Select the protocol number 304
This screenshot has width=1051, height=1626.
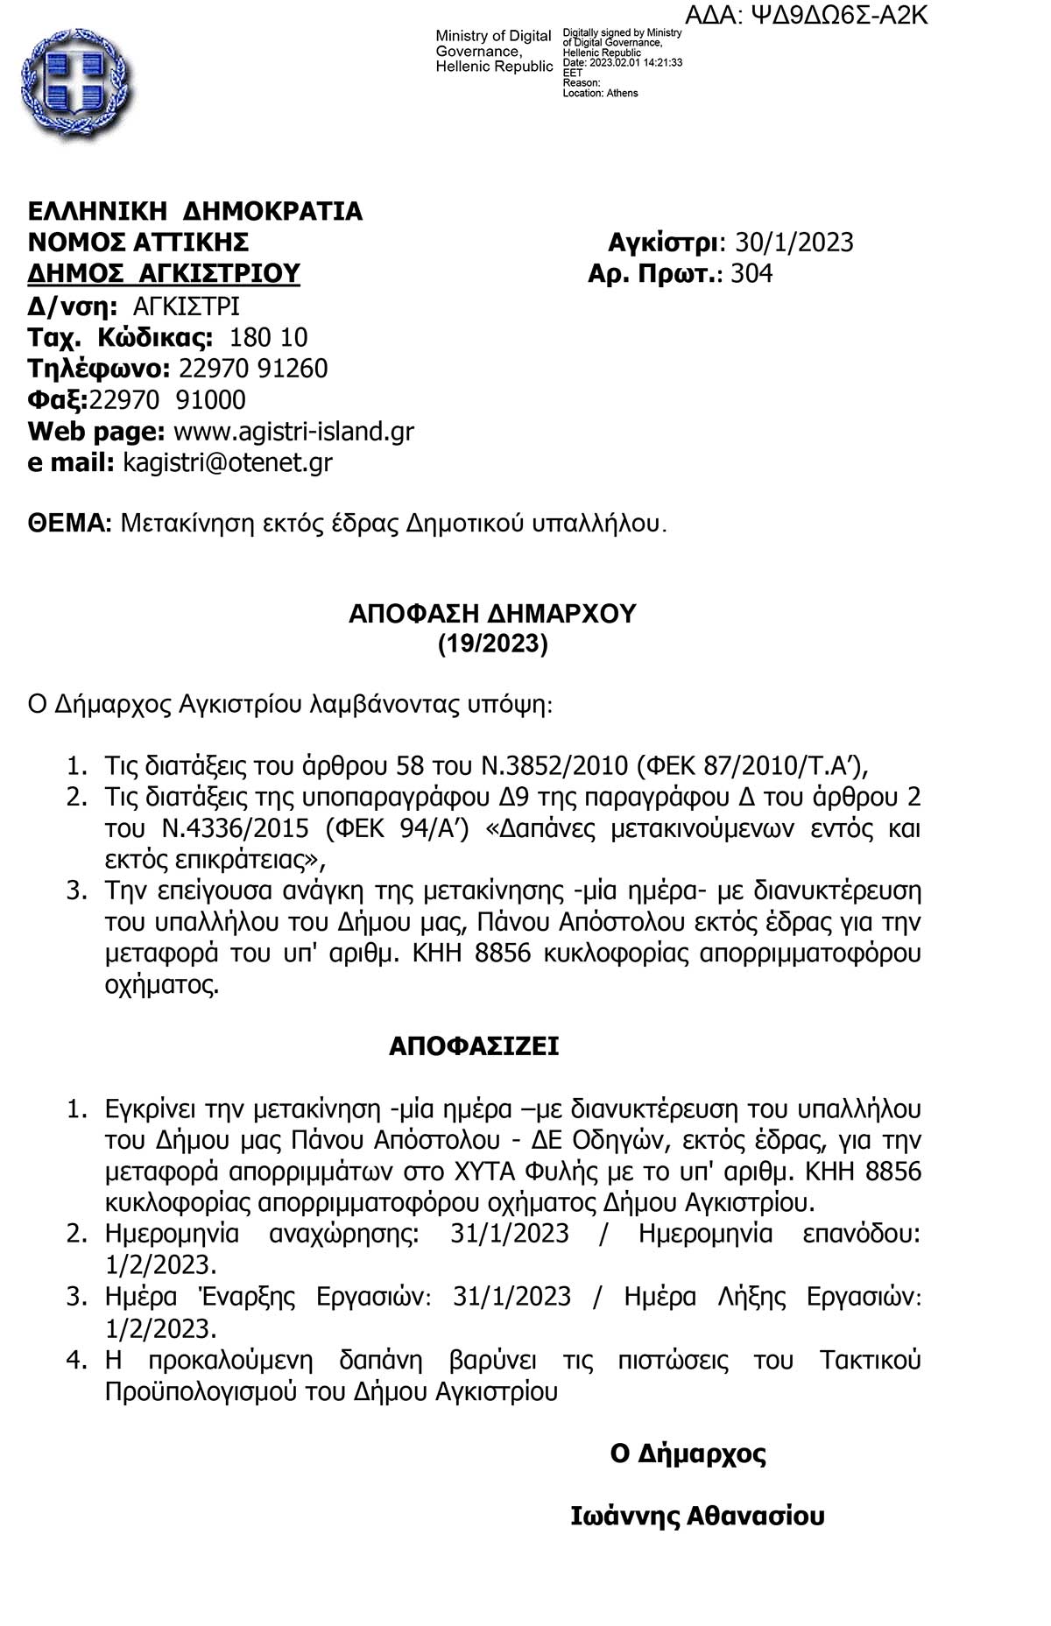pyautogui.click(x=751, y=273)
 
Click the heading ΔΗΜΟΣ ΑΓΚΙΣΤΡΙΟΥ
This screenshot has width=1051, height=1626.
pyautogui.click(x=164, y=273)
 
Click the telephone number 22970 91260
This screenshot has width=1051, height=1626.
pyautogui.click(x=253, y=369)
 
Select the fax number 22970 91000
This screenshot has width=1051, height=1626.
pyautogui.click(x=168, y=400)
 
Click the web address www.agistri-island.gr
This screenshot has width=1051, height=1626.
pyautogui.click(x=293, y=431)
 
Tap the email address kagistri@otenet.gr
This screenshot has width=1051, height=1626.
pyautogui.click(x=228, y=462)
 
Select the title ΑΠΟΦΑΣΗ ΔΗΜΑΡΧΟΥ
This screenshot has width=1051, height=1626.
pyautogui.click(x=492, y=614)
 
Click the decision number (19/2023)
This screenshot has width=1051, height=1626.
pyautogui.click(x=492, y=644)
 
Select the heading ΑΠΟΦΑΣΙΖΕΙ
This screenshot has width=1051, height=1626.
pyautogui.click(x=474, y=1046)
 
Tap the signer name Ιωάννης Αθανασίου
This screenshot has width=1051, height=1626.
pyautogui.click(x=697, y=1516)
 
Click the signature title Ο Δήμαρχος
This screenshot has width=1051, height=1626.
pyautogui.click(x=688, y=1454)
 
